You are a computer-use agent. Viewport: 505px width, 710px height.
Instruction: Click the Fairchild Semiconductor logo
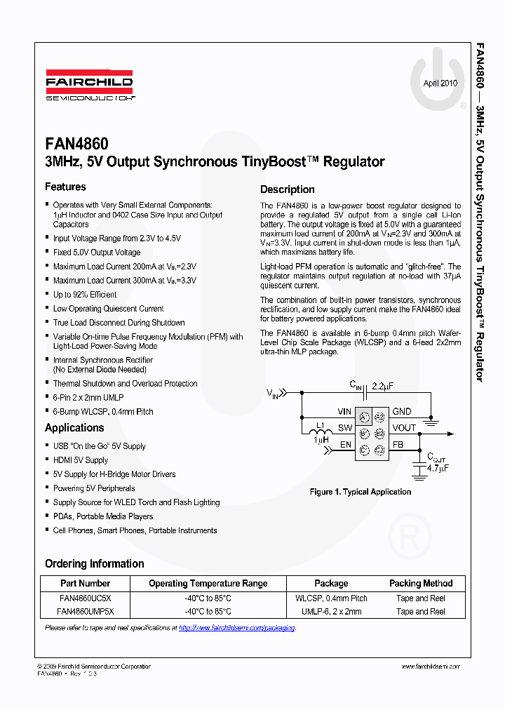pyautogui.click(x=89, y=86)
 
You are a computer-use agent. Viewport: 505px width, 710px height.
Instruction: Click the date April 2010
pyautogui.click(x=440, y=83)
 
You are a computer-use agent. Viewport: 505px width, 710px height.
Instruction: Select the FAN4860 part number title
pyautogui.click(x=76, y=144)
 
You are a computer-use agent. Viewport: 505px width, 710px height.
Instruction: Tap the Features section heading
pyautogui.click(x=65, y=187)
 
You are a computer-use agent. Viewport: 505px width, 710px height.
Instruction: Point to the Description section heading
pyautogui.click(x=288, y=189)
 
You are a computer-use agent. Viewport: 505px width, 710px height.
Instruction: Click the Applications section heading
pyautogui.click(x=74, y=427)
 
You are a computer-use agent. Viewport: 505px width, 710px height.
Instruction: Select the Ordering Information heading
pyautogui.click(x=94, y=563)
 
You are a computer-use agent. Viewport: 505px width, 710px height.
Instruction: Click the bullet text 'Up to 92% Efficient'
pyautogui.click(x=85, y=295)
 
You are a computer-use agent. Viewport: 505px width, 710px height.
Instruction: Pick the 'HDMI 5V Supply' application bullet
pyautogui.click(x=81, y=460)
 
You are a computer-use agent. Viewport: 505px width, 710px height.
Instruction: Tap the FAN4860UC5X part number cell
pyautogui.click(x=85, y=598)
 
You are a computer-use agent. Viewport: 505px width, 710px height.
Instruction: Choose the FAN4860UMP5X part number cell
pyautogui.click(x=85, y=612)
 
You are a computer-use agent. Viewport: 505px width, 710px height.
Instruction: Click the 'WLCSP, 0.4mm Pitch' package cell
pyautogui.click(x=331, y=598)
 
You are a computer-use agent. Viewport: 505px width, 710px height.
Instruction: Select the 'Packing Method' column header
pyautogui.click(x=421, y=583)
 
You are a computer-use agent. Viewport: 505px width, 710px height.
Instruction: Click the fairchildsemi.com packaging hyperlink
pyautogui.click(x=236, y=628)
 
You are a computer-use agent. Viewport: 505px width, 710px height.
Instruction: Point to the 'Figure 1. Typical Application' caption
pyautogui.click(x=361, y=492)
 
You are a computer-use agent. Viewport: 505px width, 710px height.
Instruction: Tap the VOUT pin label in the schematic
pyautogui.click(x=404, y=428)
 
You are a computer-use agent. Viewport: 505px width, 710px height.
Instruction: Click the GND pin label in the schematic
pyautogui.click(x=402, y=412)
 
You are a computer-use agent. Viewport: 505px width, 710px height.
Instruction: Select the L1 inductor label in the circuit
pyautogui.click(x=320, y=427)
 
